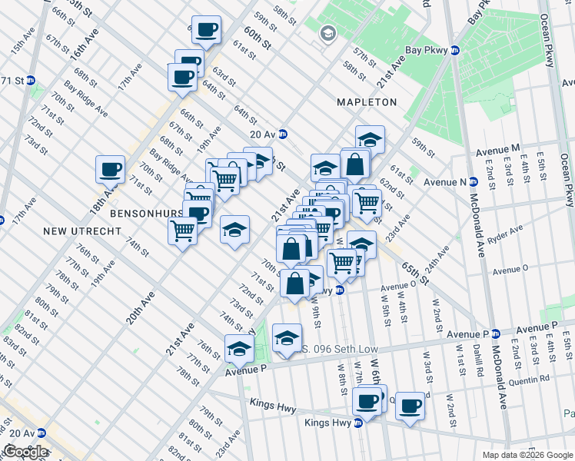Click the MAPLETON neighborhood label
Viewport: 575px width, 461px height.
pyautogui.click(x=367, y=102)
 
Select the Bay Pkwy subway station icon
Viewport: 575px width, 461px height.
pyautogui.click(x=454, y=51)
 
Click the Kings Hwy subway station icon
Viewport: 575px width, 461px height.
pyautogui.click(x=357, y=423)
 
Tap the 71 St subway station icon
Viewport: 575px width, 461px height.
pyautogui.click(x=31, y=81)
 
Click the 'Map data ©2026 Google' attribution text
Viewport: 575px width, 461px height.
pyautogui.click(x=527, y=455)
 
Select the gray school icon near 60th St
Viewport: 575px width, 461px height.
pyautogui.click(x=328, y=33)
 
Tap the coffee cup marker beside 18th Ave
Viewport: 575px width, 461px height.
pyautogui.click(x=110, y=170)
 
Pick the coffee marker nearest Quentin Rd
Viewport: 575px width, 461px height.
pyautogui.click(x=410, y=406)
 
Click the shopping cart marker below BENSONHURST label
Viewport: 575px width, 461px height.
pyautogui.click(x=182, y=230)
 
